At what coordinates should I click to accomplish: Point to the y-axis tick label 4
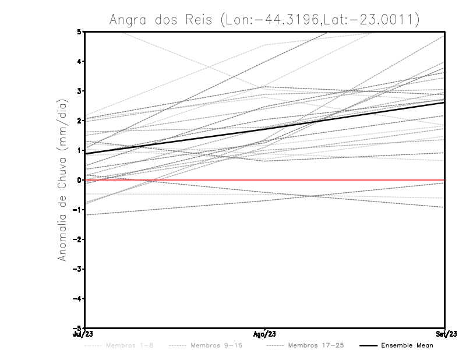pyautogui.click(x=80, y=61)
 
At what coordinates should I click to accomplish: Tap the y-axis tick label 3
pyautogui.click(x=80, y=91)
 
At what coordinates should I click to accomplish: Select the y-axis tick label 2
pyautogui.click(x=80, y=121)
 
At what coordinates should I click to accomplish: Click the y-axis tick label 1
pyautogui.click(x=80, y=150)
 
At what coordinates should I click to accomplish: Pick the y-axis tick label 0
pyautogui.click(x=80, y=180)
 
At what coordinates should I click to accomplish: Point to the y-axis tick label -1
pyautogui.click(x=78, y=210)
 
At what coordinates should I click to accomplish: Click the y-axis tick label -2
pyautogui.click(x=78, y=239)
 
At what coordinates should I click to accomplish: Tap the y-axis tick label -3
pyautogui.click(x=78, y=269)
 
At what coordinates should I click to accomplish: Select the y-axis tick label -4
pyautogui.click(x=78, y=299)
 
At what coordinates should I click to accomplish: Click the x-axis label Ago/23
pyautogui.click(x=264, y=334)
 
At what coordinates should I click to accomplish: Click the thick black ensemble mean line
pyautogui.click(x=264, y=128)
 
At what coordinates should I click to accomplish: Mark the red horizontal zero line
pyautogui.click(x=349, y=180)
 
